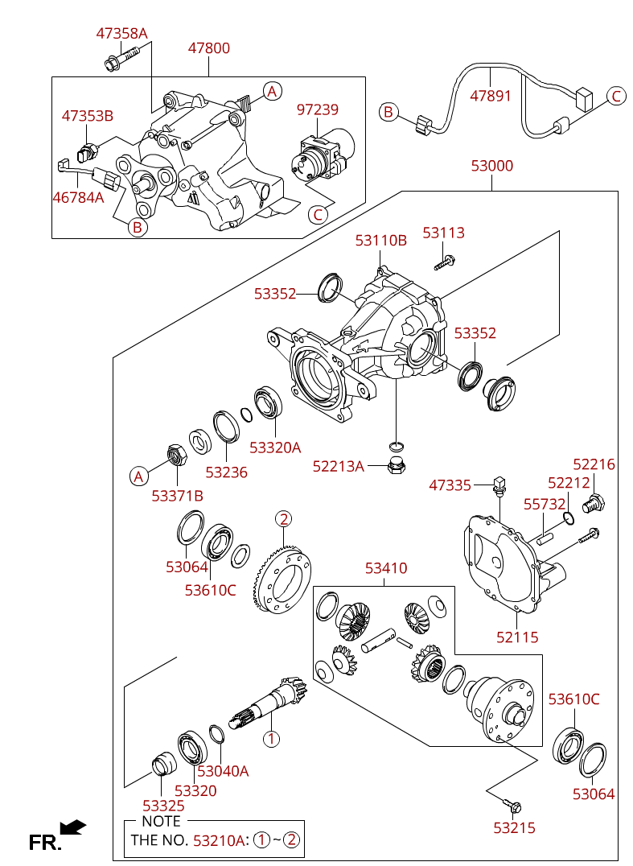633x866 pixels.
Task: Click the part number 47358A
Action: tap(122, 33)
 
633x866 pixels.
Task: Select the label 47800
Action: tap(209, 48)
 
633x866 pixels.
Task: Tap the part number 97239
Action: tap(318, 109)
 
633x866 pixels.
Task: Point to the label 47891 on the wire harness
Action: tap(491, 96)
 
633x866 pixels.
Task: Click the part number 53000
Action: tap(492, 166)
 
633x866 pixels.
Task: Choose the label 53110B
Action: tap(381, 240)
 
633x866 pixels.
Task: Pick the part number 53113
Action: tap(444, 233)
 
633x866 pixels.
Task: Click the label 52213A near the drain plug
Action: tap(339, 466)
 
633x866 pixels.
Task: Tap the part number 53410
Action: tap(386, 568)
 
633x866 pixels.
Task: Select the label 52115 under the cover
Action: tap(517, 637)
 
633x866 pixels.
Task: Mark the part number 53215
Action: tap(515, 827)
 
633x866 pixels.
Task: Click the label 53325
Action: tap(163, 805)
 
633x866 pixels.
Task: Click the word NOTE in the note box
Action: tap(161, 821)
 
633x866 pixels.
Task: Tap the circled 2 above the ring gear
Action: tap(284, 518)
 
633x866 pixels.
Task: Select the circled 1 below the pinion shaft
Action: tap(272, 737)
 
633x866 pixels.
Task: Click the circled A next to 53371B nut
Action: tap(139, 476)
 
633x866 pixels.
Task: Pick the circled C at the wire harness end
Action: tap(616, 97)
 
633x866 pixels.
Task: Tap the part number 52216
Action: tap(594, 464)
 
